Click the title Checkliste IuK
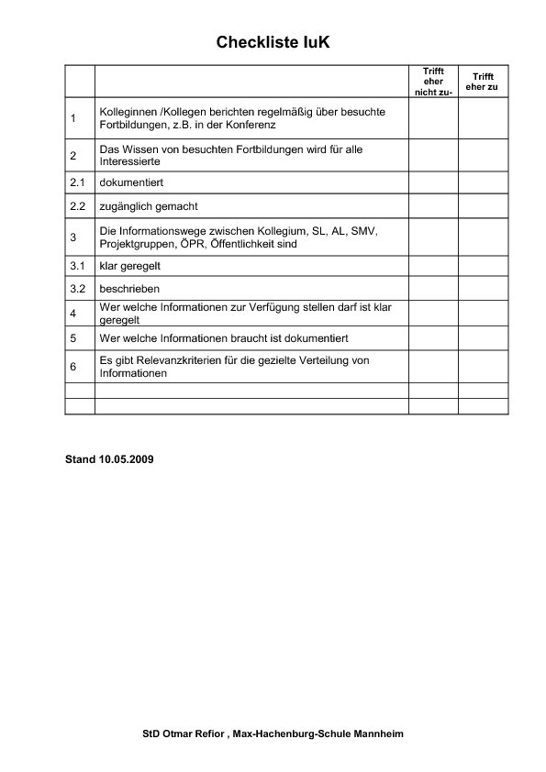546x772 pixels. click(x=273, y=42)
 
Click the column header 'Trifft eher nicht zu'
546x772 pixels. click(x=433, y=82)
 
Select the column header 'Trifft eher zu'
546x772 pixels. click(x=483, y=82)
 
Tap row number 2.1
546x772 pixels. click(x=77, y=182)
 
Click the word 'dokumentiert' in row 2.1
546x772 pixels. click(x=131, y=182)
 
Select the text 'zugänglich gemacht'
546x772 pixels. click(x=149, y=206)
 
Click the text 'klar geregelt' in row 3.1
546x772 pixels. click(x=131, y=266)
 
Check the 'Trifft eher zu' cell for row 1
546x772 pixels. click(x=483, y=118)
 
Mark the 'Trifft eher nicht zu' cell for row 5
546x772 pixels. click(x=433, y=338)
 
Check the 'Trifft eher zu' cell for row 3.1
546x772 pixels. click(x=483, y=266)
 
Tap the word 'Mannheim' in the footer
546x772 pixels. click(x=379, y=734)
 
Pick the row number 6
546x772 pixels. click(x=73, y=367)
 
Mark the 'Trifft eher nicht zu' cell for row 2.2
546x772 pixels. click(x=433, y=206)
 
